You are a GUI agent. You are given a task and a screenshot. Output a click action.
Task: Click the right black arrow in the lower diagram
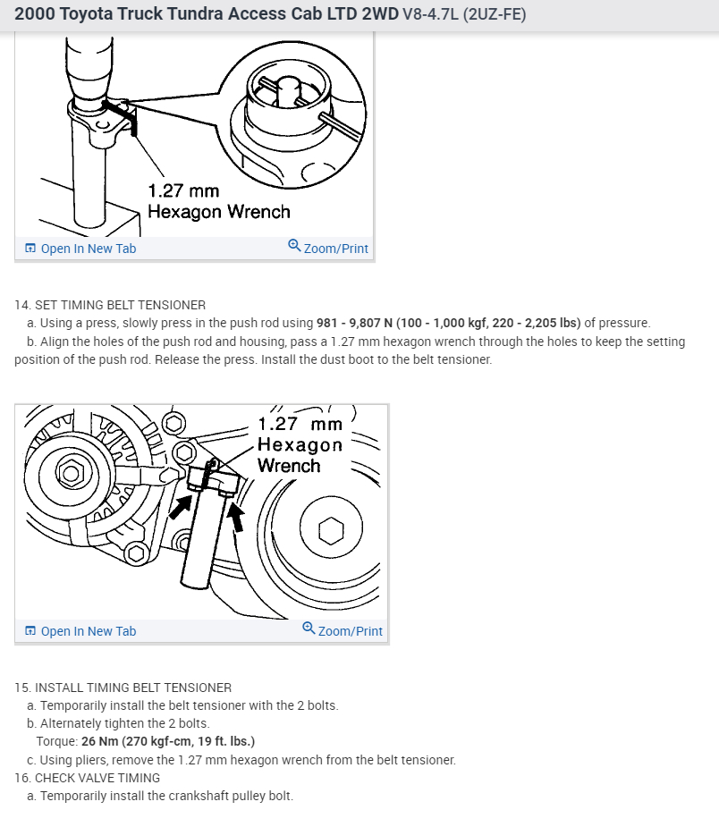237,515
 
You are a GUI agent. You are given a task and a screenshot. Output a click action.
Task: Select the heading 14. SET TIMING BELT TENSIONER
110,305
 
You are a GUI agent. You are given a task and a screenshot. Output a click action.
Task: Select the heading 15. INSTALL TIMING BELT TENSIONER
123,688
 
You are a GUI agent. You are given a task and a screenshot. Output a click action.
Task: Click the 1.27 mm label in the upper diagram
183,190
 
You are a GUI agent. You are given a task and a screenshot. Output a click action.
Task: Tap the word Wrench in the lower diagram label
288,466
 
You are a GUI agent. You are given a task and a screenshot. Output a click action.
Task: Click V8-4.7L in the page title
432,15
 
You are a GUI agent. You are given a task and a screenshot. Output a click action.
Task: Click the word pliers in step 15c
94,760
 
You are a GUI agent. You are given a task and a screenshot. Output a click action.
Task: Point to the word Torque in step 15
55,741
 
